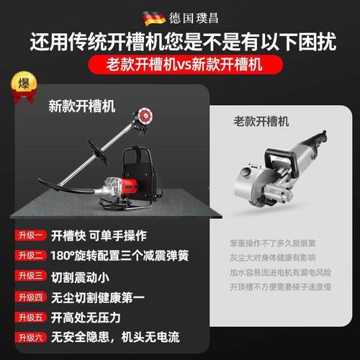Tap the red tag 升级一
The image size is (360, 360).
click(32, 235)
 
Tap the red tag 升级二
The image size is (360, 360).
click(32, 256)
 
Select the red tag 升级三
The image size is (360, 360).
click(32, 276)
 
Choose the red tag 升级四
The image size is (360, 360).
click(32, 297)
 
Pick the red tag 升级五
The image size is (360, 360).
click(32, 317)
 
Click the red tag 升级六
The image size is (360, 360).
click(32, 337)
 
